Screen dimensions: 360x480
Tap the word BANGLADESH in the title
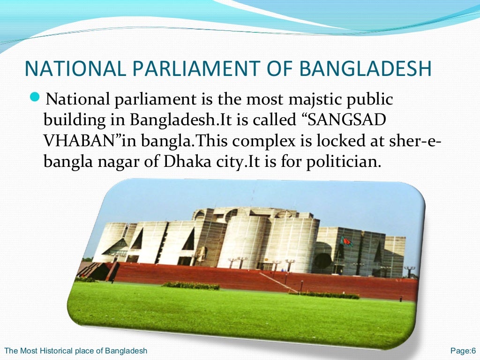365,68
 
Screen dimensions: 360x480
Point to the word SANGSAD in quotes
347,120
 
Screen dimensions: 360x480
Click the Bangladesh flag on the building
347,242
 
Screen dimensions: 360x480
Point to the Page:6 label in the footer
463,351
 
